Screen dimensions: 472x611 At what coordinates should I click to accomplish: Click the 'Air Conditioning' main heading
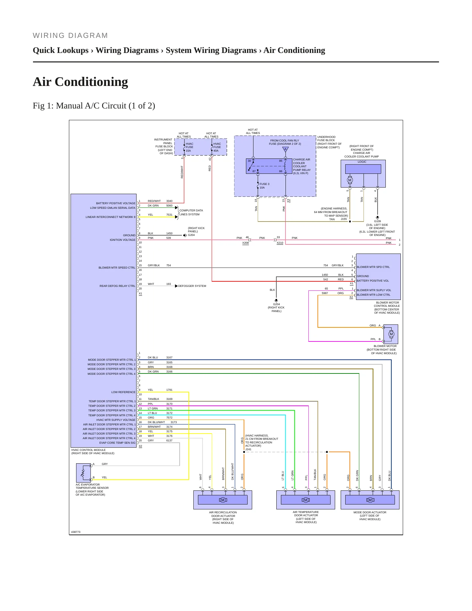(80, 82)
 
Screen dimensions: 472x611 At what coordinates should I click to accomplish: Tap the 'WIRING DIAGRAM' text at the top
(70, 36)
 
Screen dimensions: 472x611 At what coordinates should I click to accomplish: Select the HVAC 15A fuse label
(189, 147)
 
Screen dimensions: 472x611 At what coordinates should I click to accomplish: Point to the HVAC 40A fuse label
(217, 147)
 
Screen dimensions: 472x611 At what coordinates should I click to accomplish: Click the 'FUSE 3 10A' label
(264, 186)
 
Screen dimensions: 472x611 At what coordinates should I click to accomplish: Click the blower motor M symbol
(391, 334)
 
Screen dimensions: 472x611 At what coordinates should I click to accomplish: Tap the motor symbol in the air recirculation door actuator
(223, 500)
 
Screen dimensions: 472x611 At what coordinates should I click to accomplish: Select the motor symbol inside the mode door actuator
(370, 500)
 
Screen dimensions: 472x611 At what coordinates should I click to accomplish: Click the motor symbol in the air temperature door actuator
(306, 500)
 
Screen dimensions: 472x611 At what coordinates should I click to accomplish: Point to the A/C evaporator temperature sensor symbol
(83, 472)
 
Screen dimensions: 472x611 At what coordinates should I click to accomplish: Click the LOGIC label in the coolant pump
(362, 162)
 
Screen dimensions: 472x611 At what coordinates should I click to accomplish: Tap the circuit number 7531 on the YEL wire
(169, 215)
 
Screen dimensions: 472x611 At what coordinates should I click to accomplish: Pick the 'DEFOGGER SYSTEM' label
(192, 286)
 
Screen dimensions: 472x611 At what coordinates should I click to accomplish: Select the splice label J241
(249, 449)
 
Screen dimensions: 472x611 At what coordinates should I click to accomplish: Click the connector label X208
(246, 243)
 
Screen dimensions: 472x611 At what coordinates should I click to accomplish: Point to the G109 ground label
(377, 221)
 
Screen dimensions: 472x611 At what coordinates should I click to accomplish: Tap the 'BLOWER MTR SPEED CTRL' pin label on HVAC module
(117, 268)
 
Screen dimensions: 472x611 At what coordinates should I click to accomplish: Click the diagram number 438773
(76, 532)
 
